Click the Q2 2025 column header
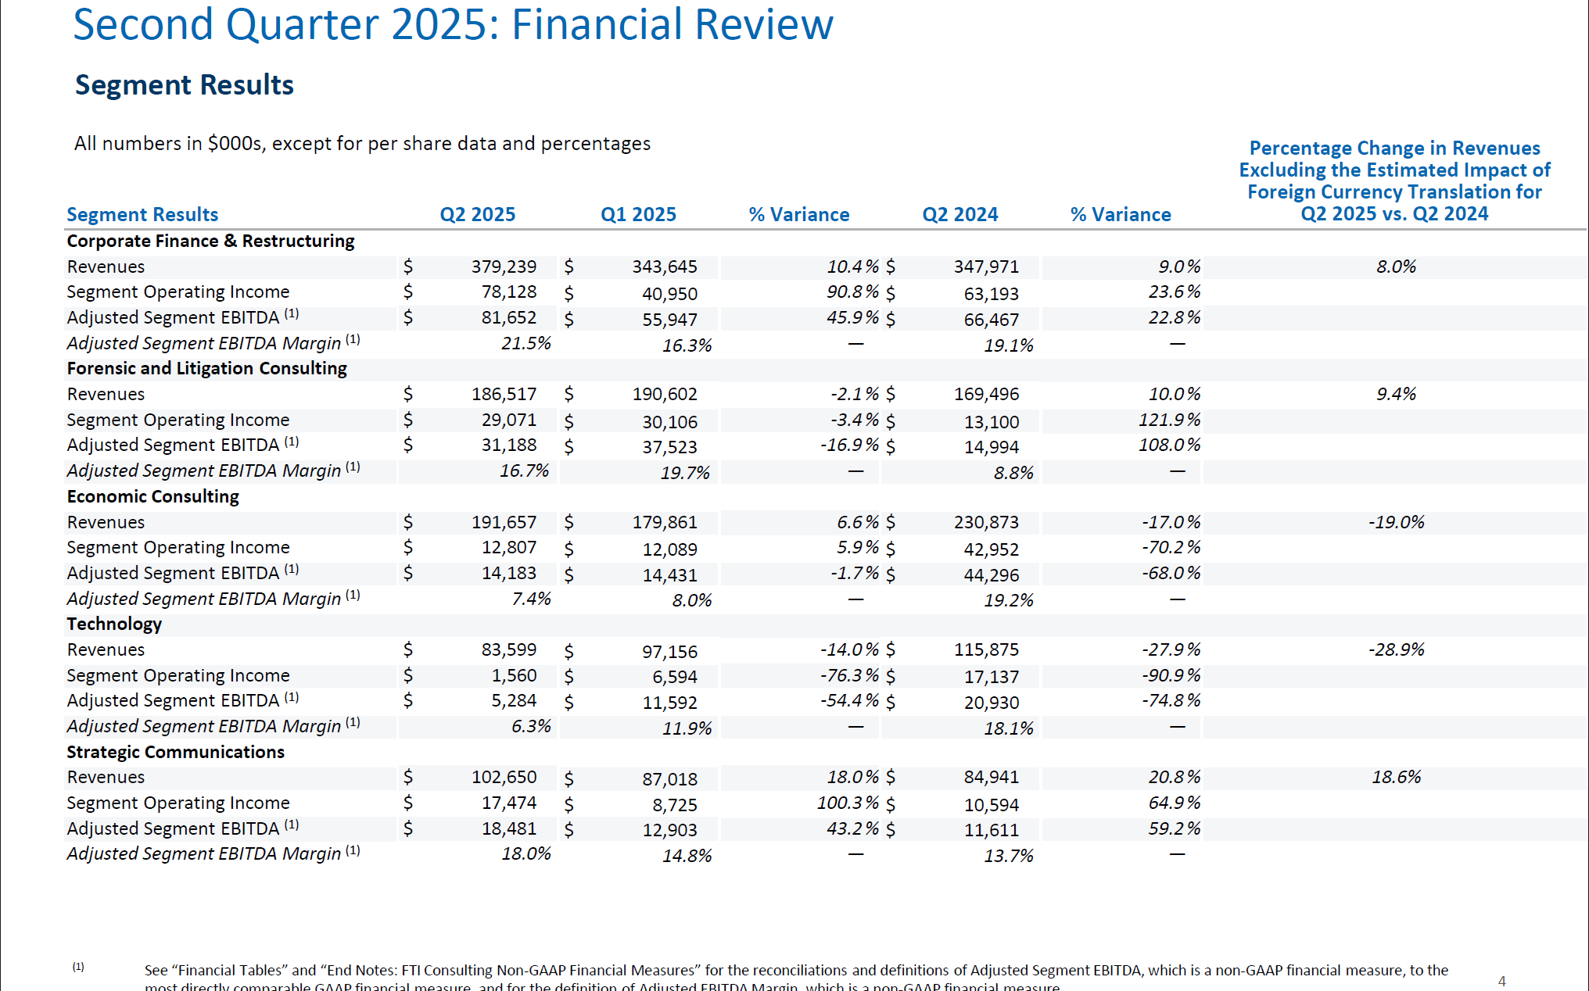click(477, 214)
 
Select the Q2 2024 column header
click(959, 214)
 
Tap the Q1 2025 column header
click(638, 214)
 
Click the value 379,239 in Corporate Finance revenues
click(504, 267)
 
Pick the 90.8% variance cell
click(852, 292)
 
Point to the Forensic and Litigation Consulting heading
click(206, 368)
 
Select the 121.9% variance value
click(1169, 420)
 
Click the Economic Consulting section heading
click(152, 496)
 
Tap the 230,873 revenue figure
click(986, 522)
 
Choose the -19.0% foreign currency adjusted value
click(1396, 522)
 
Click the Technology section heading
click(114, 624)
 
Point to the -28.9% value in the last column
click(1396, 649)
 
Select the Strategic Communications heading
click(175, 752)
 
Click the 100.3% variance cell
click(848, 803)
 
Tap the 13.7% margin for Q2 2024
click(1008, 856)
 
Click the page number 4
click(1501, 981)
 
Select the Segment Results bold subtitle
click(184, 84)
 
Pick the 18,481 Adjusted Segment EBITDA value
click(508, 828)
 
